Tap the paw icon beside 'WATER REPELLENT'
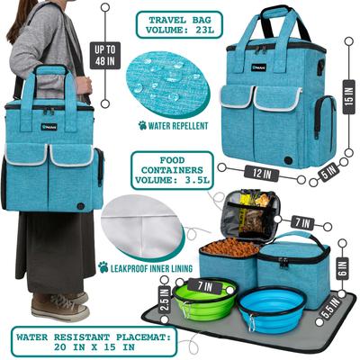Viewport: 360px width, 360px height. point(142,125)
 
